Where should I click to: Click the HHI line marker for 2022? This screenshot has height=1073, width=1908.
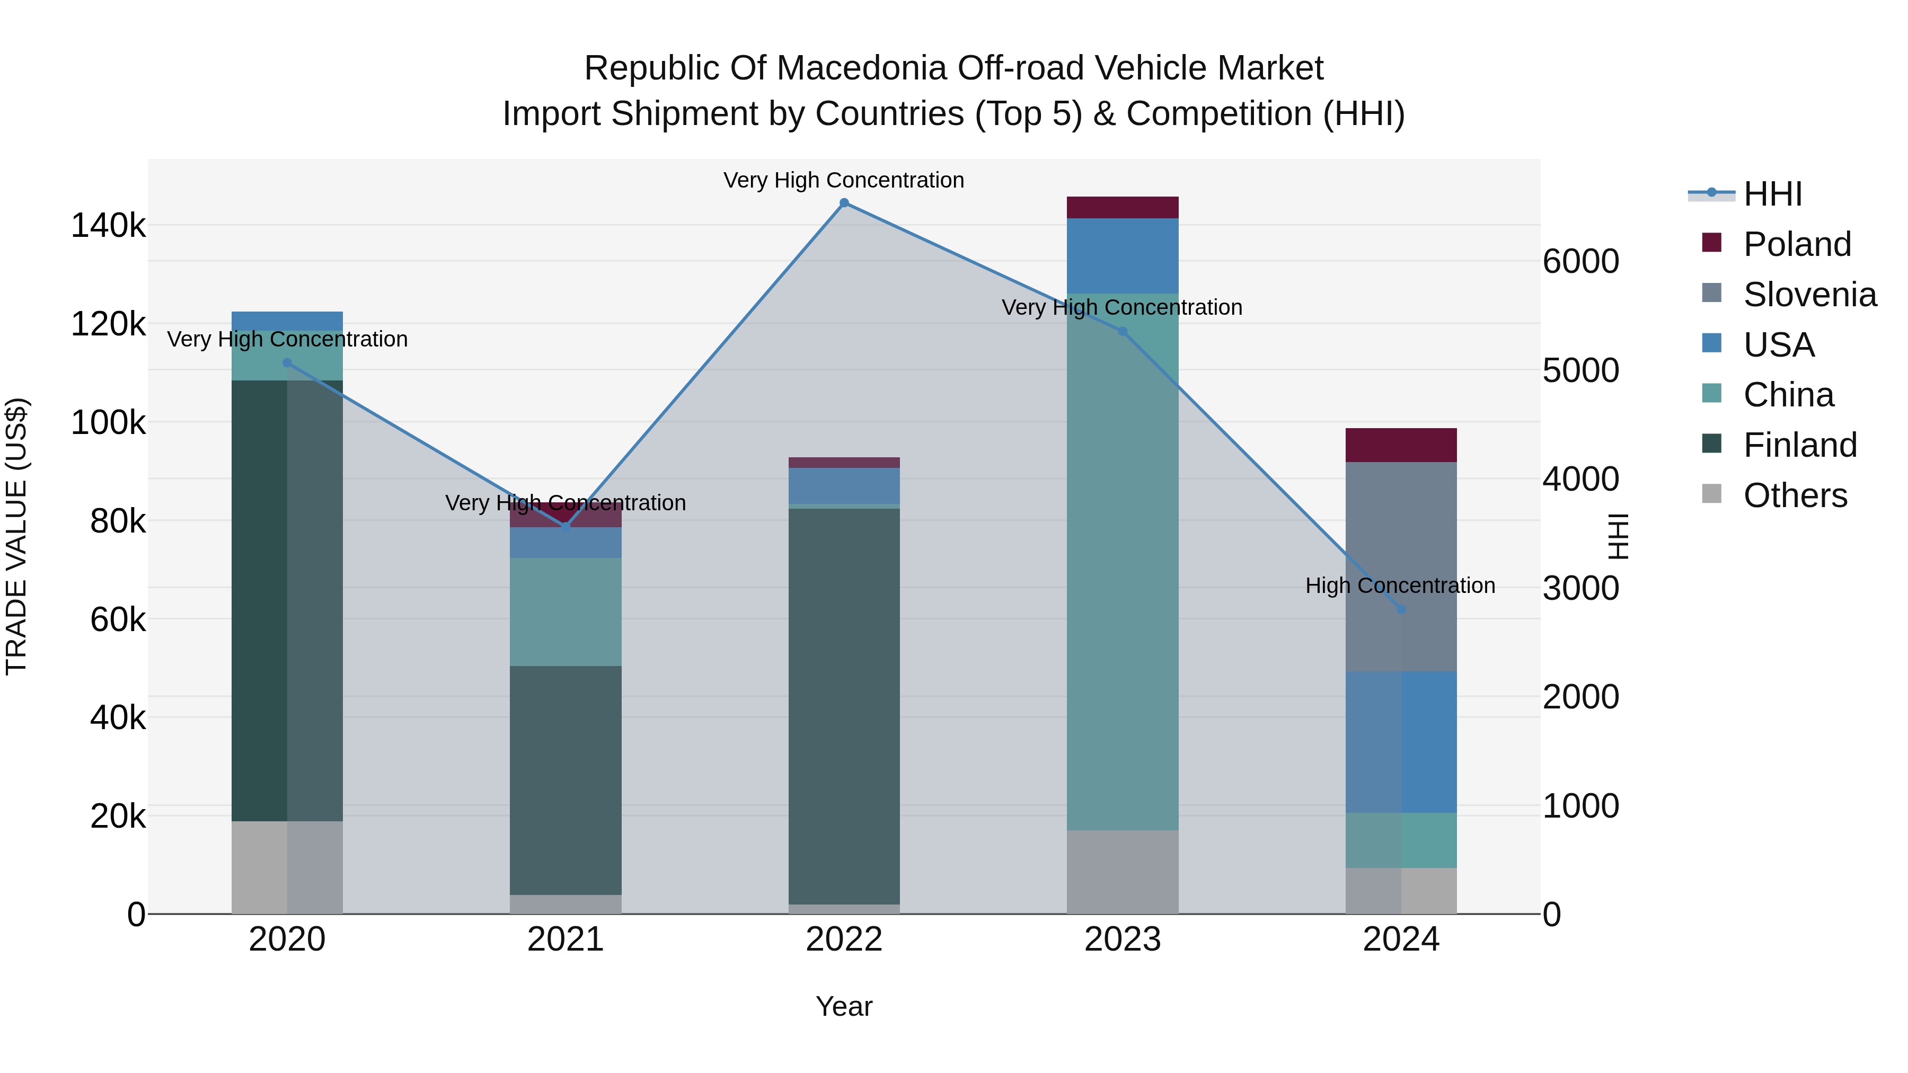pyautogui.click(x=844, y=203)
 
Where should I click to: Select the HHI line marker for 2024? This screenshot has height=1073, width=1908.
pyautogui.click(x=1401, y=609)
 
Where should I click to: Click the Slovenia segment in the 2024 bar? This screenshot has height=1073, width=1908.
pyautogui.click(x=1401, y=566)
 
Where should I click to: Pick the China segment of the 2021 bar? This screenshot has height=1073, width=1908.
pyautogui.click(x=565, y=611)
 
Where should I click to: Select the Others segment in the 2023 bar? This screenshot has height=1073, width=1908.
pyautogui.click(x=1122, y=872)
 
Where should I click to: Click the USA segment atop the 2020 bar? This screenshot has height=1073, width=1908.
pyautogui.click(x=287, y=321)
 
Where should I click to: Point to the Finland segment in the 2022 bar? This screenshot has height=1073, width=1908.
pyautogui.click(x=844, y=704)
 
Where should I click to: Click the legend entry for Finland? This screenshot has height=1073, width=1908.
pyautogui.click(x=1800, y=445)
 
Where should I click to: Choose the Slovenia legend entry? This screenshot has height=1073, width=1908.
pyautogui.click(x=1809, y=295)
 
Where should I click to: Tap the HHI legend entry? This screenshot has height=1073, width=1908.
pyautogui.click(x=1772, y=194)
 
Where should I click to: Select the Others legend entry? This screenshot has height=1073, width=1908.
pyautogui.click(x=1795, y=495)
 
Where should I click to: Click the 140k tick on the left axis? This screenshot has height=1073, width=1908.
pyautogui.click(x=108, y=225)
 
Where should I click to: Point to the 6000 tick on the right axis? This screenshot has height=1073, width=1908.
pyautogui.click(x=1580, y=261)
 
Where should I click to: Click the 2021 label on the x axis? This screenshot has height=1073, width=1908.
pyautogui.click(x=565, y=939)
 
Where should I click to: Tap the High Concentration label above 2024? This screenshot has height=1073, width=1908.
pyautogui.click(x=1400, y=586)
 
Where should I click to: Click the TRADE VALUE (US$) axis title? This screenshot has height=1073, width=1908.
pyautogui.click(x=16, y=536)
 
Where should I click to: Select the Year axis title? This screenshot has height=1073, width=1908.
pyautogui.click(x=844, y=1006)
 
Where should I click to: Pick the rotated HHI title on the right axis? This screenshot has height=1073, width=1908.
pyautogui.click(x=1619, y=536)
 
